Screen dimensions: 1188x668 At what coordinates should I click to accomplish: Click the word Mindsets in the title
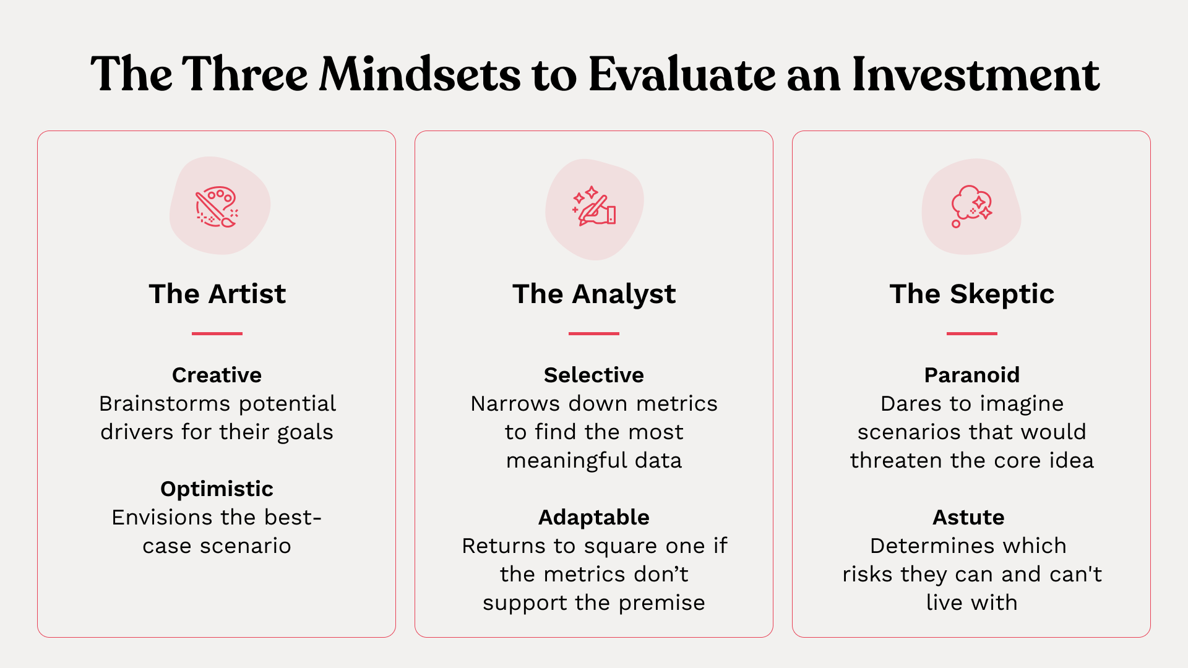[420, 74]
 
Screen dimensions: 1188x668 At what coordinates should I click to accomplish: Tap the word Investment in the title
[976, 74]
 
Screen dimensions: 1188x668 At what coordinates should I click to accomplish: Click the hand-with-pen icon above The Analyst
[594, 206]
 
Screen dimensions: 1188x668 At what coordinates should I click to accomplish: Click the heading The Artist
[217, 294]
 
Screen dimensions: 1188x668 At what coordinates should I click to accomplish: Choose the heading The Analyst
[594, 294]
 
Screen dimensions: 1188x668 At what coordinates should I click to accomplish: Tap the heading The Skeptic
[971, 294]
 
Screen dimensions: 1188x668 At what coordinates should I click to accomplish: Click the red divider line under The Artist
[217, 333]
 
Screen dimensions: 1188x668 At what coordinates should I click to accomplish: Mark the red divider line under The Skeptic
[971, 333]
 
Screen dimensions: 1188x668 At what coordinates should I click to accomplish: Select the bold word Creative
[217, 375]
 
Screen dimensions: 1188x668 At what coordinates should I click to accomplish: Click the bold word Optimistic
[217, 489]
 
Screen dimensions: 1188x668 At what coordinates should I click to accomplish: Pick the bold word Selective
[594, 375]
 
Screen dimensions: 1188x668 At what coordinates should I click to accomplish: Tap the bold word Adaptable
[594, 518]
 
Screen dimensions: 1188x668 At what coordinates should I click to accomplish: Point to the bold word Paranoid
[971, 375]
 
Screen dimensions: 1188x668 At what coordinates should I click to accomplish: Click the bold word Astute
[968, 518]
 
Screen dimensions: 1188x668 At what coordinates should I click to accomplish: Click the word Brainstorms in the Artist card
[165, 404]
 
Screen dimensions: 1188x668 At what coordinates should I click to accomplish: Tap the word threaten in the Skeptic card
[897, 461]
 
